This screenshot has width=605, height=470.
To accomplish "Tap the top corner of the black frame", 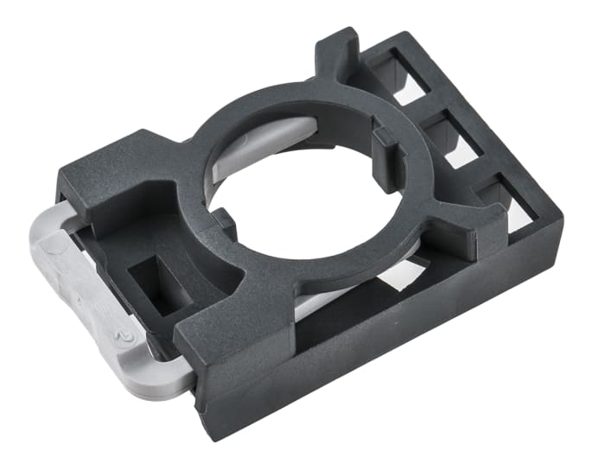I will [x=402, y=39].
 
